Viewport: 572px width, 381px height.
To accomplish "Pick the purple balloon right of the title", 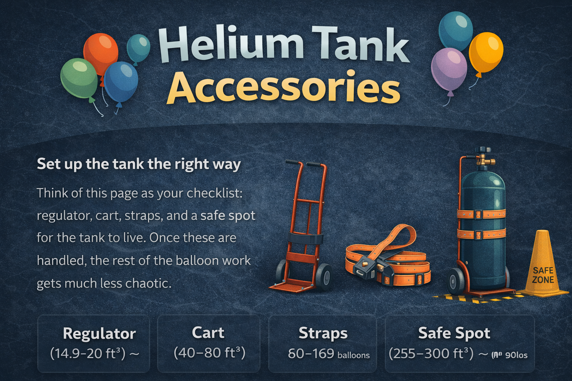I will tap(449, 69).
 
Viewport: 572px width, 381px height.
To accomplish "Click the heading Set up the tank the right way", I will tap(139, 164).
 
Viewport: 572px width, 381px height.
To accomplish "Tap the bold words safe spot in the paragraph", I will tap(228, 216).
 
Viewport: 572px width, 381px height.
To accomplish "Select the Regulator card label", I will tap(99, 333).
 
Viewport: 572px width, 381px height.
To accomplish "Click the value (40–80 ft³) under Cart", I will tap(209, 353).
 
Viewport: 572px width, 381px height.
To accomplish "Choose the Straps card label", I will tap(323, 333).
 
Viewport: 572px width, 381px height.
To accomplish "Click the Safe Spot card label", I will tap(454, 333).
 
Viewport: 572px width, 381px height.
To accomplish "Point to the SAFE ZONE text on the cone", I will tap(543, 275).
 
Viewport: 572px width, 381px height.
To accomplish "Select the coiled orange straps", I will tap(387, 260).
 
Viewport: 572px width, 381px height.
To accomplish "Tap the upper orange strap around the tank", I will tap(481, 214).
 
